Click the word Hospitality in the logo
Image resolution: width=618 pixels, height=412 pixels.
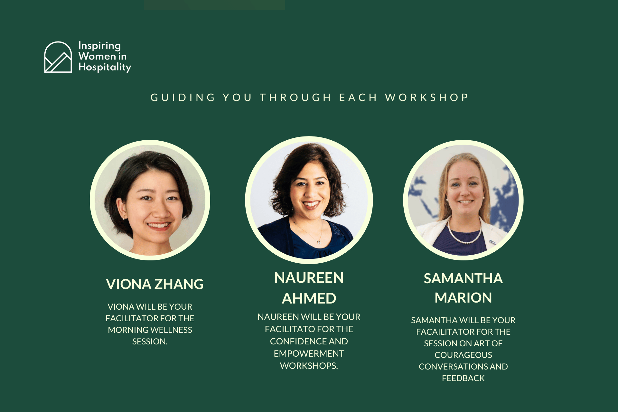(105, 67)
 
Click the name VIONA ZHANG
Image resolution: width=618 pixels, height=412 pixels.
(155, 284)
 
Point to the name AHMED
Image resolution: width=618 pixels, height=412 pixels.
(309, 298)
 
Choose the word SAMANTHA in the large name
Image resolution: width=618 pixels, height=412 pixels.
(463, 278)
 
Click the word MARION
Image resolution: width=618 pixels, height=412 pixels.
(463, 298)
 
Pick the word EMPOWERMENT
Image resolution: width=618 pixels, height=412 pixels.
(309, 353)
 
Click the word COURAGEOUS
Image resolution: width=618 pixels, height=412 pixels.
(463, 355)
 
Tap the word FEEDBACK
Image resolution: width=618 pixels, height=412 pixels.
(463, 378)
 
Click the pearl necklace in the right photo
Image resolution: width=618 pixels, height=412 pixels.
(464, 237)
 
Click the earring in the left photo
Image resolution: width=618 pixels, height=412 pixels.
(123, 218)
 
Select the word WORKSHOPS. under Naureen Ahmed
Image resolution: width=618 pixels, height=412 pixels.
(309, 366)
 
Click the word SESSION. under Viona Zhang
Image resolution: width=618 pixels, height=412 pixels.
(150, 342)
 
